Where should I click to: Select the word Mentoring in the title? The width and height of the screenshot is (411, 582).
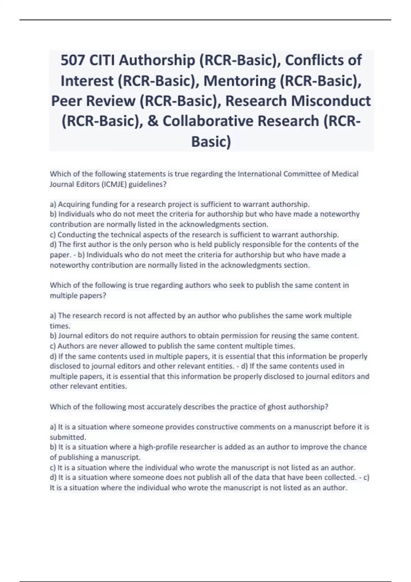click(239, 81)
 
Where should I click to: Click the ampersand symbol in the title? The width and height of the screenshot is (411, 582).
click(153, 121)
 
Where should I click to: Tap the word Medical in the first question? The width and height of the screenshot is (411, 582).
click(345, 174)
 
